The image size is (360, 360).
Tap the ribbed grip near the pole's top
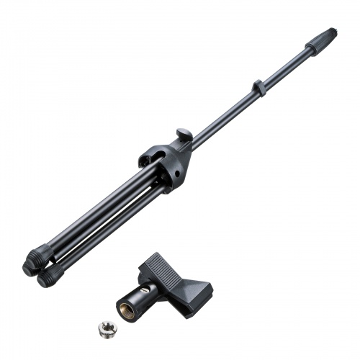point(320,40)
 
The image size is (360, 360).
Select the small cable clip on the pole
point(257,89)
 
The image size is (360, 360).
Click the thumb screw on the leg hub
point(183,135)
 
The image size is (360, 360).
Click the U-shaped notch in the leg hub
point(153,156)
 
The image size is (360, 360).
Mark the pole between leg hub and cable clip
point(223,115)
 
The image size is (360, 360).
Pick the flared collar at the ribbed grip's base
point(308,49)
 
